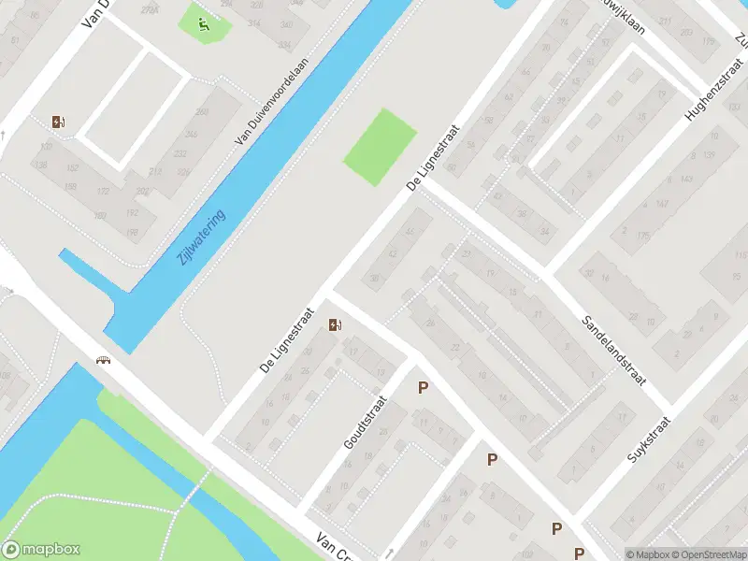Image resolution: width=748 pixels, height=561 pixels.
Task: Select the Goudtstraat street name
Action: [360, 422]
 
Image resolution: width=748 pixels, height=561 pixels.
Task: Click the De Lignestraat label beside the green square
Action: [437, 159]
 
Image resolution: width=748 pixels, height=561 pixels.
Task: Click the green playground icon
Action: [204, 23]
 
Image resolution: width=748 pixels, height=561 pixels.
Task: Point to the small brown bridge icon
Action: [102, 360]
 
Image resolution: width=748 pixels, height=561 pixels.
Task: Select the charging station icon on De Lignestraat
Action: [336, 324]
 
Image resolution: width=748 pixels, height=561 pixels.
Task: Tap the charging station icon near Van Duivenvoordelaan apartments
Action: [60, 122]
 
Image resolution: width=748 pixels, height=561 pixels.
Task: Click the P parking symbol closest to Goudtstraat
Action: [424, 387]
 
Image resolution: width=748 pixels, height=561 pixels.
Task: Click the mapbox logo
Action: [41, 550]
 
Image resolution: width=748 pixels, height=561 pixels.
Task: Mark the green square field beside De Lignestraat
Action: [380, 148]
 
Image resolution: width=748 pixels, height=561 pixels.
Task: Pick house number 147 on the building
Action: [663, 203]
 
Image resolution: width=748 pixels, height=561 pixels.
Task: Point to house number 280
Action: [202, 112]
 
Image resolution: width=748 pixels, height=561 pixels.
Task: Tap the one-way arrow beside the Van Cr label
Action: [390, 553]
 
